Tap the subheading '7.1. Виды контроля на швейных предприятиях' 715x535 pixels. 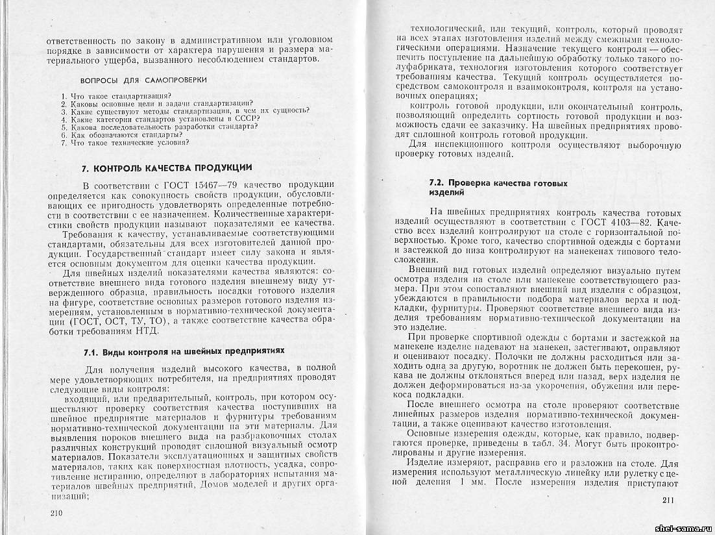pyautogui.click(x=184, y=351)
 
